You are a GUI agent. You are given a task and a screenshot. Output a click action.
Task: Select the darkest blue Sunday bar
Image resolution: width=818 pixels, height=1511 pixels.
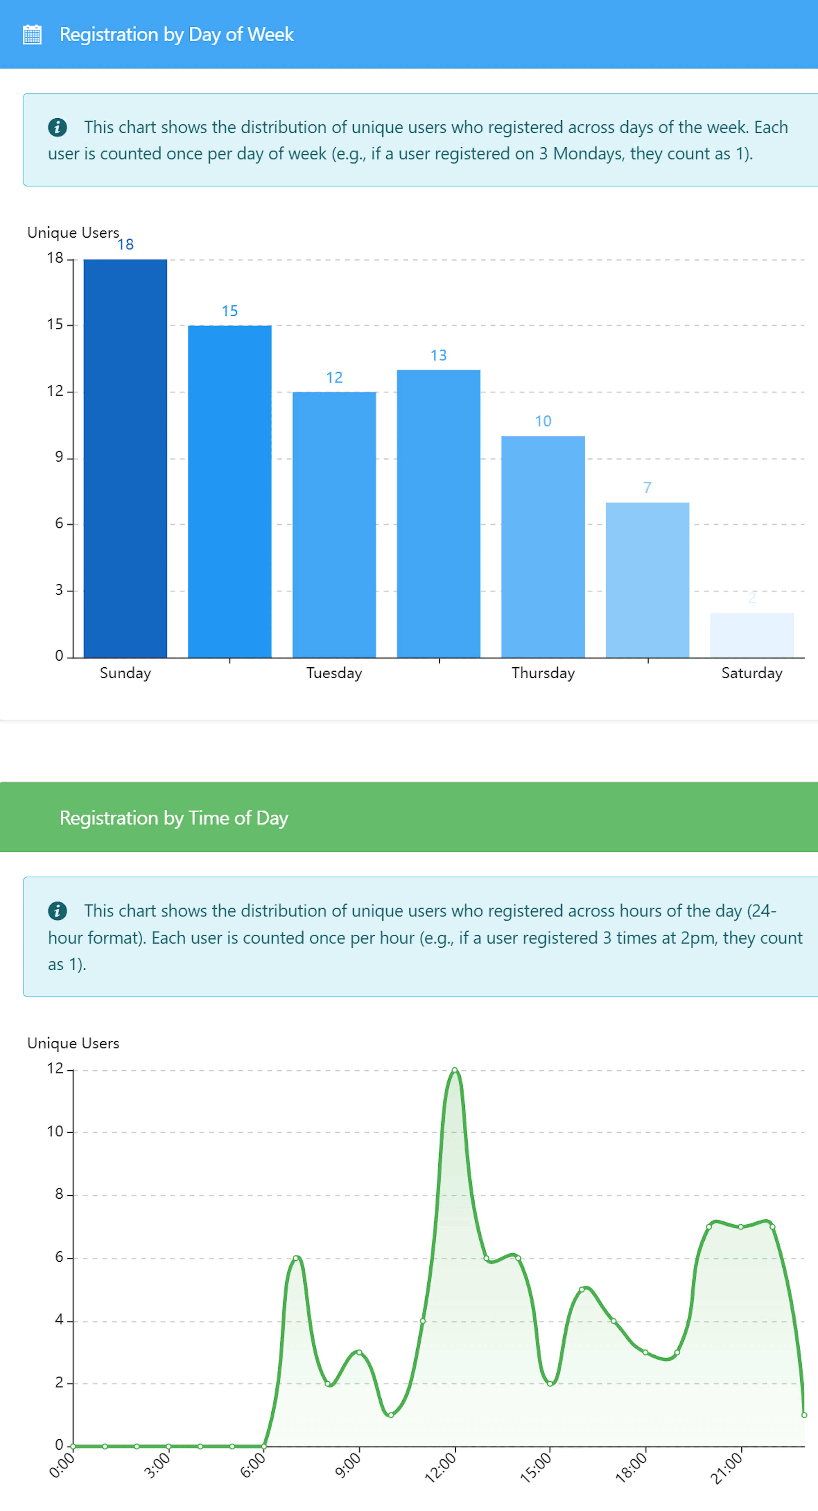125,457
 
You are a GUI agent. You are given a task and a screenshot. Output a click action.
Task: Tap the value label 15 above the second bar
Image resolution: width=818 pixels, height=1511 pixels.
229,311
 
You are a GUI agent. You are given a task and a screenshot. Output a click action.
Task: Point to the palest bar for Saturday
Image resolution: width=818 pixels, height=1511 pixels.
752,635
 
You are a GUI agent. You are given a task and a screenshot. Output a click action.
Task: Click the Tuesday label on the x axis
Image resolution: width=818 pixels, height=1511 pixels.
334,673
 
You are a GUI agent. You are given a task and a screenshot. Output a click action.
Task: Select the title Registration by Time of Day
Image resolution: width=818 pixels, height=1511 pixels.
174,818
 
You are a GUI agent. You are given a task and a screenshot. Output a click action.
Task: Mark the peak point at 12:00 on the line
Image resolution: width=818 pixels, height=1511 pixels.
454,1071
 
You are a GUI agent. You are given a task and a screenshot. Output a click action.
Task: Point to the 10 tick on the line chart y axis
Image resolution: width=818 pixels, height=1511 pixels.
55,1131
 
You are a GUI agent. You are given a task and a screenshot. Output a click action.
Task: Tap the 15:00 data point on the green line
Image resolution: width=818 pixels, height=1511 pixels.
550,1384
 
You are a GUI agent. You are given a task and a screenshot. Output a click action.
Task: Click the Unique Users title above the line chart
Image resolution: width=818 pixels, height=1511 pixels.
73,1043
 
